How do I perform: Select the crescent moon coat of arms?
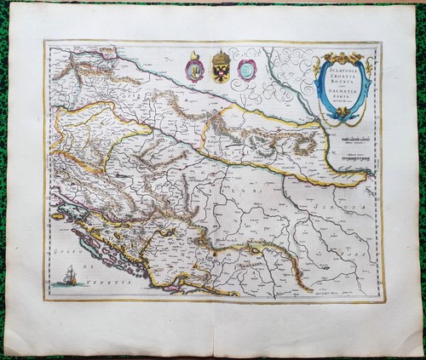pyautogui.click(x=246, y=70)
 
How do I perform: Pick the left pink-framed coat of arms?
pyautogui.click(x=195, y=70)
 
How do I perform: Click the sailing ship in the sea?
pyautogui.click(x=68, y=275)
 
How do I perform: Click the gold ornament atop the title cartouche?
pyautogui.click(x=343, y=56)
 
